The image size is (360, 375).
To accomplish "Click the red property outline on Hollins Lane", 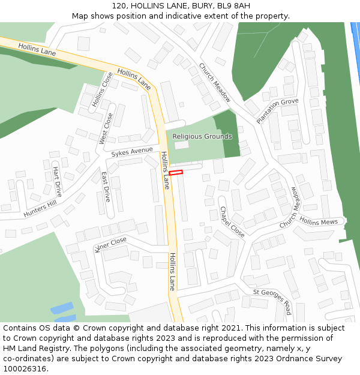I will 175,173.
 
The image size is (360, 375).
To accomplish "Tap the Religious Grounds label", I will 202,137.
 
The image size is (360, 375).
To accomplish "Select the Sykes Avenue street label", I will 132,152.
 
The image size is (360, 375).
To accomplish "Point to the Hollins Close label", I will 103,90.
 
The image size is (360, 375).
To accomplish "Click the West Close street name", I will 106,128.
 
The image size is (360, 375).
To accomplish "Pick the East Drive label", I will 106,187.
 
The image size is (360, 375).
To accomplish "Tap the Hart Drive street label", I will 58,179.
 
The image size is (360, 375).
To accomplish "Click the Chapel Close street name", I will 232,222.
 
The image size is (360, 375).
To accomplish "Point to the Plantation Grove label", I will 277,111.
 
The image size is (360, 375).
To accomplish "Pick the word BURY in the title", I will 199,5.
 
